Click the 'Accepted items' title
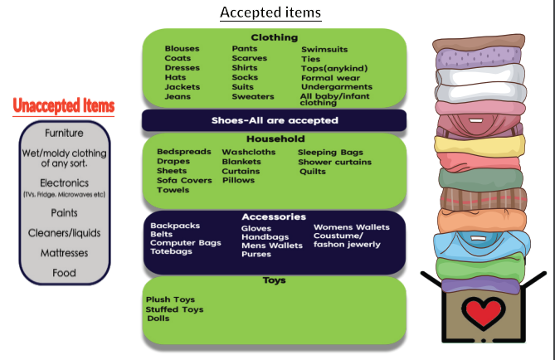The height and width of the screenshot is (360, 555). (270, 12)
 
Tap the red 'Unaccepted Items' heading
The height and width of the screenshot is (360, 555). (64, 105)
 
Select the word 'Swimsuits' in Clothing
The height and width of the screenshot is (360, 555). (324, 49)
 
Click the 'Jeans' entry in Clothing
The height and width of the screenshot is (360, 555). (177, 96)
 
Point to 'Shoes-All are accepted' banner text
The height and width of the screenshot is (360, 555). (274, 120)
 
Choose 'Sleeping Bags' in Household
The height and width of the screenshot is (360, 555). (330, 152)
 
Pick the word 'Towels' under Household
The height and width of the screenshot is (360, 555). (173, 190)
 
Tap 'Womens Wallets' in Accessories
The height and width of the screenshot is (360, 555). (351, 226)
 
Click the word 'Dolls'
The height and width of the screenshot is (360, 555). (158, 319)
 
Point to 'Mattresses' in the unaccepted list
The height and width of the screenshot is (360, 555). (64, 253)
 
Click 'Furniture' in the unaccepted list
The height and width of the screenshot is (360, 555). (64, 134)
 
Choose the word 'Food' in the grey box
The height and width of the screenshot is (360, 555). (64, 273)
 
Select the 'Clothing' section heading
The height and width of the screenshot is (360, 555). (274, 37)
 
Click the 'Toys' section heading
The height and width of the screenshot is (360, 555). (274, 280)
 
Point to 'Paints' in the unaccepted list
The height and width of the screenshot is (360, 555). (64, 213)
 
